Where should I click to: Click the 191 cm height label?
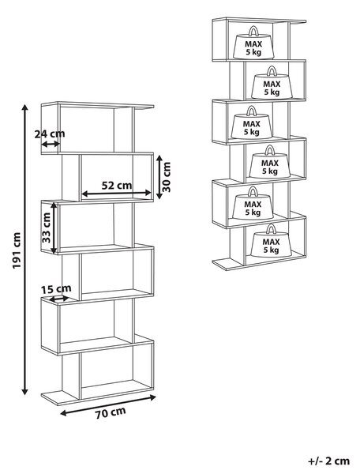16,250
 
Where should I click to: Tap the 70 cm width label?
111,412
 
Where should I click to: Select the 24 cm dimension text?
50,134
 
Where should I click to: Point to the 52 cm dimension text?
117,185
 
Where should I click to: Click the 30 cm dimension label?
167,177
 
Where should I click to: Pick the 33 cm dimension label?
47,228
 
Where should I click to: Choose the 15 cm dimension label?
56,289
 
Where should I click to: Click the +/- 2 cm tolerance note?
328,461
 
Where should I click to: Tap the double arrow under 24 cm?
51,145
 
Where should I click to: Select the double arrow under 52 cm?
117,193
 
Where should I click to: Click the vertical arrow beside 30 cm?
159,177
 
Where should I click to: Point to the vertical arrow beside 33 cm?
54,228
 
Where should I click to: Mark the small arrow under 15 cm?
59,299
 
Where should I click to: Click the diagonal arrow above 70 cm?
108,405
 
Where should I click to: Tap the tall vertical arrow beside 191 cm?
25,250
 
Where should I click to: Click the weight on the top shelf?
253,43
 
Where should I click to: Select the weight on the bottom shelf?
271,240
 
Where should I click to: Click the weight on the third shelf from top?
252,122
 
